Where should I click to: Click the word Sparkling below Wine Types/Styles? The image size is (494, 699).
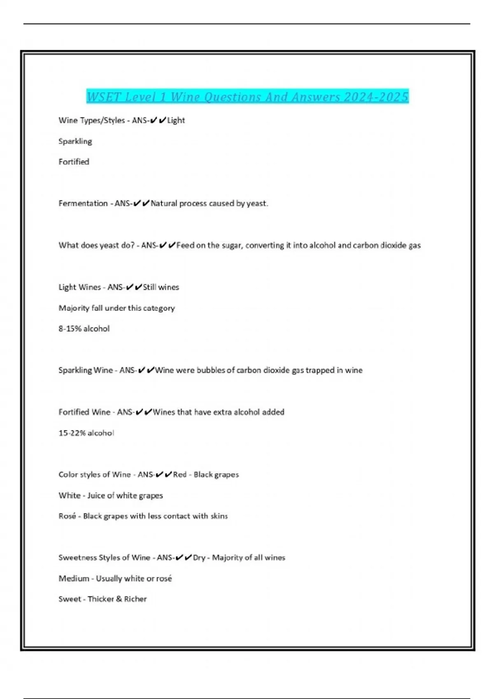75,141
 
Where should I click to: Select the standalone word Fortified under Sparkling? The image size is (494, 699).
74,162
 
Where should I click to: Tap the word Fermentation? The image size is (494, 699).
83,204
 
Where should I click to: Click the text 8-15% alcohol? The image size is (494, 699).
84,329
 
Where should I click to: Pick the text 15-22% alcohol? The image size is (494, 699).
86,433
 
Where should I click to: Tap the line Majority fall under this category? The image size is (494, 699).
117,308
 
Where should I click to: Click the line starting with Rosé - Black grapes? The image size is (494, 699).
143,516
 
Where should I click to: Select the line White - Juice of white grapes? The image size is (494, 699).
111,495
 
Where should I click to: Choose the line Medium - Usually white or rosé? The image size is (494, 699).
115,579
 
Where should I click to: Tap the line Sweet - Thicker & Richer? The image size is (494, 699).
103,599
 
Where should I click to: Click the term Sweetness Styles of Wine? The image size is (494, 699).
104,558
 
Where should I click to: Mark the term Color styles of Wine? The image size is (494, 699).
94,474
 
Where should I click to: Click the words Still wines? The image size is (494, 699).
161,287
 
